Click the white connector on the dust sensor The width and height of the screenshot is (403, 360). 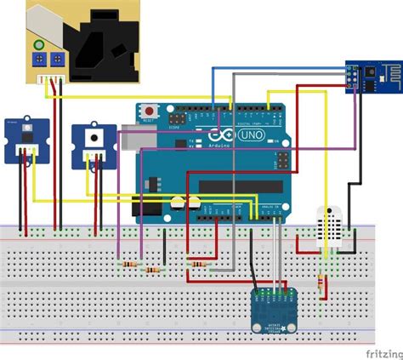point(57,79)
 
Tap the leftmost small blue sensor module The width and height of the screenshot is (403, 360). point(26,138)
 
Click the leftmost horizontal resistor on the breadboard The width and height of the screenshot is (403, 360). point(129,265)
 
